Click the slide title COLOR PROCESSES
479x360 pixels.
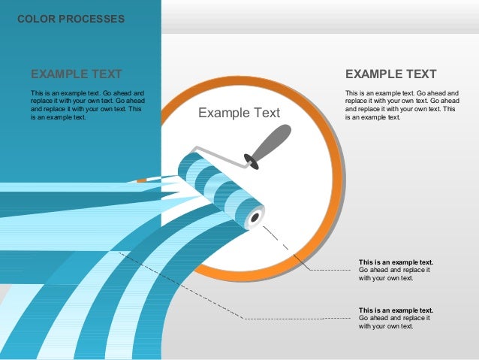71,19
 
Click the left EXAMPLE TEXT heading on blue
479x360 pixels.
76,74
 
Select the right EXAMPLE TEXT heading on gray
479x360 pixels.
390,74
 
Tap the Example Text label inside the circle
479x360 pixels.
239,113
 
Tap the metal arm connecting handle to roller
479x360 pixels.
225,158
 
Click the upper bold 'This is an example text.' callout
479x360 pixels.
396,262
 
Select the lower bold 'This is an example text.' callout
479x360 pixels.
396,310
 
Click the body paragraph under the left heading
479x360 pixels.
87,105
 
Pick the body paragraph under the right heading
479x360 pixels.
402,105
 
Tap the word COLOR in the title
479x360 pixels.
35,19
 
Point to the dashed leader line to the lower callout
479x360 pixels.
300,318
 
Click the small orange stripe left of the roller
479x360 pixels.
141,180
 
